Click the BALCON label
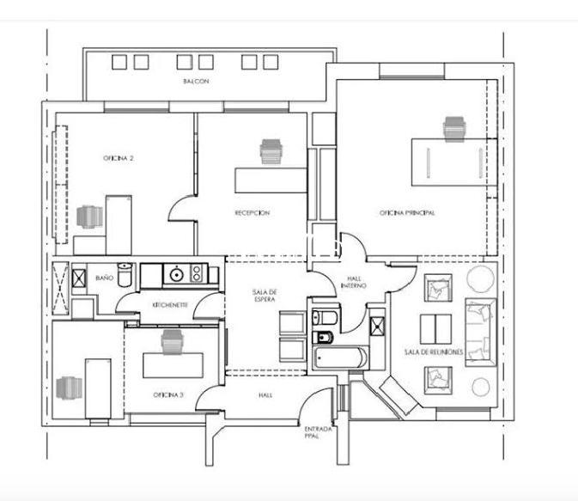click(196, 81)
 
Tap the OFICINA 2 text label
click(118, 158)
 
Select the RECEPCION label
click(252, 213)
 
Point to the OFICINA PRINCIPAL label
click(407, 213)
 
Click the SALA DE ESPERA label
click(265, 296)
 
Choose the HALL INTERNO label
click(354, 282)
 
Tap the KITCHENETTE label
click(170, 305)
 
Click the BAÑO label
click(104, 278)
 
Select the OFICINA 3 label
click(168, 395)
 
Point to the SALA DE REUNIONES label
click(434, 352)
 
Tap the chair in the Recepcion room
click(271, 151)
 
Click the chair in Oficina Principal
click(454, 129)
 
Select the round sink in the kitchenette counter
click(177, 274)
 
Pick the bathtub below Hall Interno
click(340, 357)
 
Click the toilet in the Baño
click(125, 274)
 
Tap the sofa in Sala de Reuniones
click(481, 333)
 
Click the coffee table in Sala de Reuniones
click(436, 329)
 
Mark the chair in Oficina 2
click(89, 217)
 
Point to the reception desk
click(271, 180)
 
